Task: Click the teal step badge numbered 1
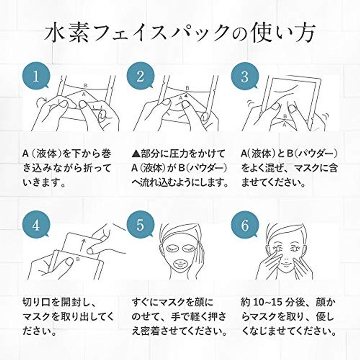point(36,76)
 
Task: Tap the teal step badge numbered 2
point(140,76)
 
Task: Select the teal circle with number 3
point(245,76)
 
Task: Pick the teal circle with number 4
point(36,225)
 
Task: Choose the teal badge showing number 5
point(140,225)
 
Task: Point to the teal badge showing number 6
point(245,225)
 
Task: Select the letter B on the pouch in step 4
point(78,260)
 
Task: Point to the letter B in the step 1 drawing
point(85,86)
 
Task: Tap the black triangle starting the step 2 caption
point(136,154)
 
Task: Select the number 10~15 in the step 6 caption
point(267,302)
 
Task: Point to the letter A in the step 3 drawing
point(284,125)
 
